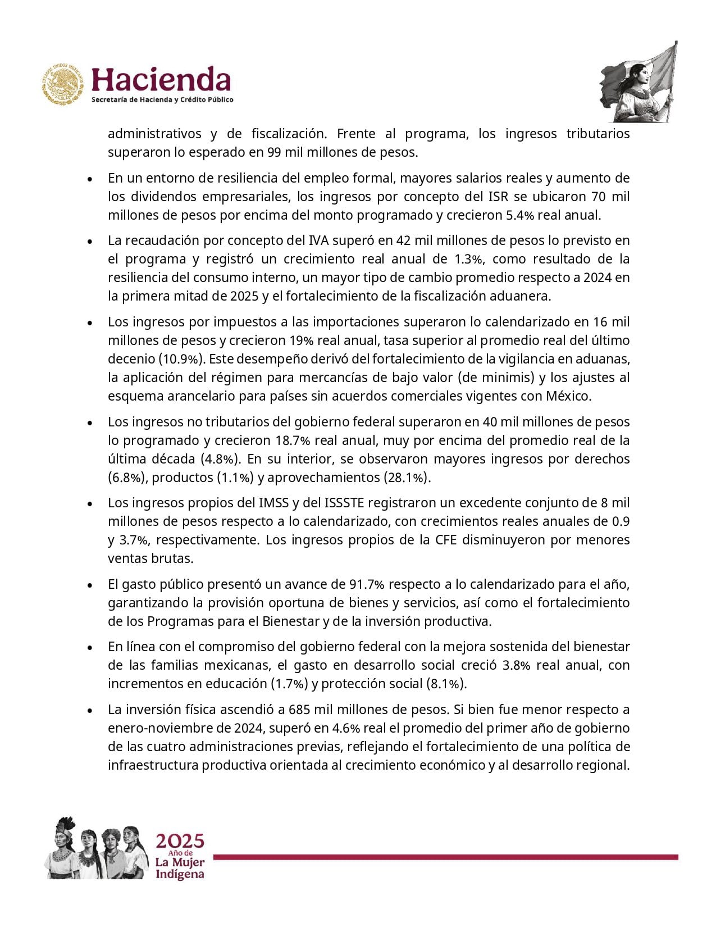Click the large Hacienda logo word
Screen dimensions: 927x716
(161, 80)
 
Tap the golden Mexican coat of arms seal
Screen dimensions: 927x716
(62, 85)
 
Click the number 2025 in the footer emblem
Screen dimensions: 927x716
(180, 841)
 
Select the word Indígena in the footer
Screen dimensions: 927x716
(180, 874)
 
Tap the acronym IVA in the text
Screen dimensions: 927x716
(320, 240)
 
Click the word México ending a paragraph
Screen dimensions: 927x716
(568, 396)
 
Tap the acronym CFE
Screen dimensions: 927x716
(446, 540)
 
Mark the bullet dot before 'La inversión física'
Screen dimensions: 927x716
(90, 710)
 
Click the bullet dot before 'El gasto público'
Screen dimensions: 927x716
(90, 585)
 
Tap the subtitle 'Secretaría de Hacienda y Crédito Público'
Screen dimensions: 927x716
(162, 100)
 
